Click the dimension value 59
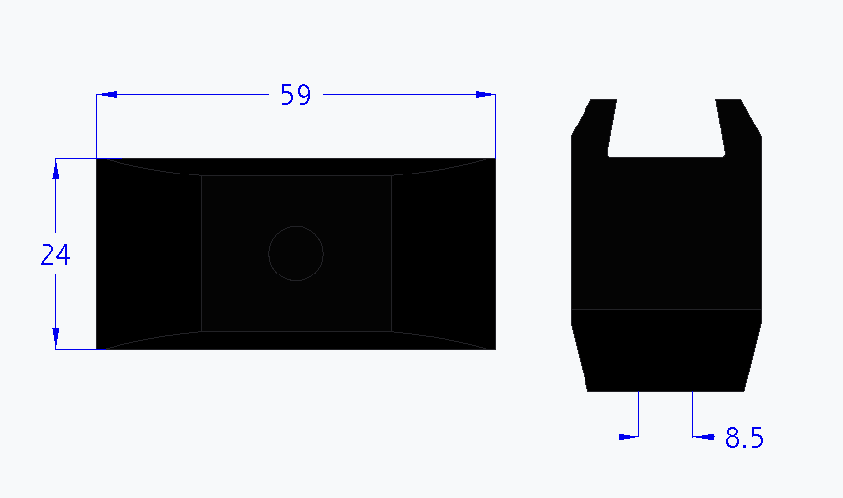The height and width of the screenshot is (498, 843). click(296, 95)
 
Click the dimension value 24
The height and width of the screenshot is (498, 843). click(55, 255)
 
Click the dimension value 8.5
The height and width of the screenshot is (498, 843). click(744, 438)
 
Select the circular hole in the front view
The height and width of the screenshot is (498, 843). click(296, 254)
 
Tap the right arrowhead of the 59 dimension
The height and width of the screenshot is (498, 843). click(484, 95)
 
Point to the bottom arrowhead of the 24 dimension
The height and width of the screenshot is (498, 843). click(56, 336)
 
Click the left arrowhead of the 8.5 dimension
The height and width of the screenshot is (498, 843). click(629, 437)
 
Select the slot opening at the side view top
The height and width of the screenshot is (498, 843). click(666, 125)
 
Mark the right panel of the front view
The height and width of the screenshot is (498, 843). click(443, 254)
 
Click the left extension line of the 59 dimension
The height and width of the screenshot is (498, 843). click(96, 127)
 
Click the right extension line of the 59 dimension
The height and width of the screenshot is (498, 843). click(495, 127)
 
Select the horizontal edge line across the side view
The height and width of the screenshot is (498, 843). click(666, 309)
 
